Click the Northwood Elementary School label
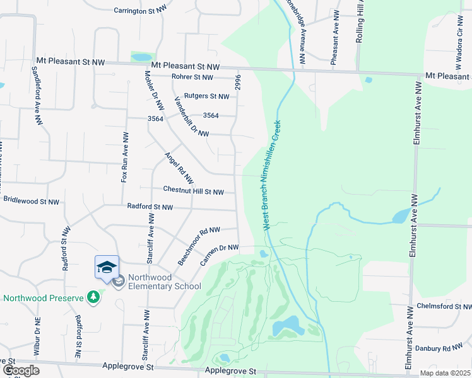pos(164,282)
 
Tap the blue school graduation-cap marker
pos(107,267)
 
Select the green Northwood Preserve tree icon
pos(93,295)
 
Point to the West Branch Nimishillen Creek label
pos(271,175)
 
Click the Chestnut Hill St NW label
pos(193,192)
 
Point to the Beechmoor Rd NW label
pos(198,246)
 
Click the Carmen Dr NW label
pos(220,255)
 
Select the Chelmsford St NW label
pos(444,306)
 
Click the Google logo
pos(21,370)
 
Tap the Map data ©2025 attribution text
pos(444,373)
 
